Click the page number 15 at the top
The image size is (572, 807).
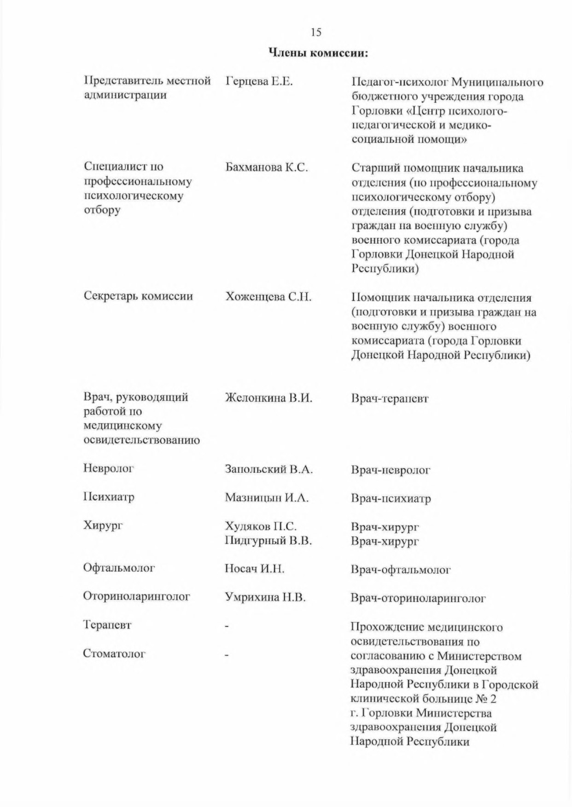point(316,32)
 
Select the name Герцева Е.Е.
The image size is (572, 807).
point(259,82)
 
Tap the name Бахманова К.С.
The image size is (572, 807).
point(266,168)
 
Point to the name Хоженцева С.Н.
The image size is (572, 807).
point(268,297)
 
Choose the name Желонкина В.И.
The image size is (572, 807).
point(268,398)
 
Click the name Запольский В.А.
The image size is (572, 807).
point(268,470)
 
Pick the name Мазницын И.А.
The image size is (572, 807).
point(267,498)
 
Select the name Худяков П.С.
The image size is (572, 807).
point(261,526)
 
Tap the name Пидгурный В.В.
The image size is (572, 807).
point(268,541)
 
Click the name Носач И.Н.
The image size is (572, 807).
point(254,569)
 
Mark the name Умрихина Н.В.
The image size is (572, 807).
point(265,598)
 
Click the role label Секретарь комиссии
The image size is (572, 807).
point(138,296)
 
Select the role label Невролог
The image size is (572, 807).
point(108,469)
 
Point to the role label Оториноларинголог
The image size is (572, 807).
point(136,597)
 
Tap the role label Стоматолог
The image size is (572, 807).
point(114,654)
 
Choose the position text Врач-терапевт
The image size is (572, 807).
point(390,398)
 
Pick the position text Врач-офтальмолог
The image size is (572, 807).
point(401,570)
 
